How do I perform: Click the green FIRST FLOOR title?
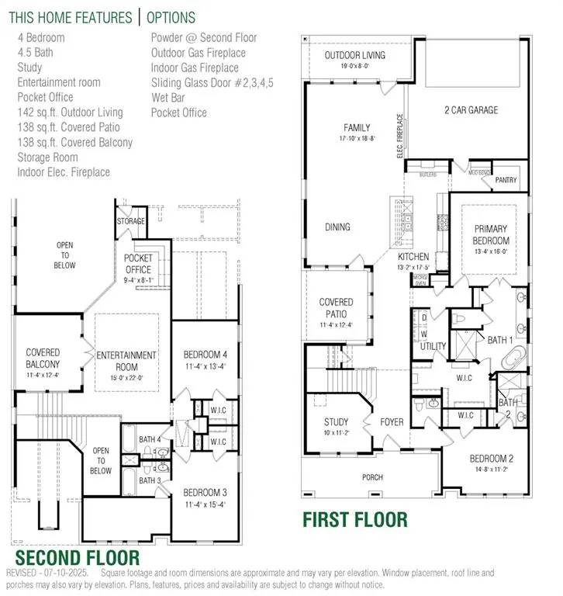click(x=354, y=519)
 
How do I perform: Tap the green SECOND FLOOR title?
click(x=78, y=557)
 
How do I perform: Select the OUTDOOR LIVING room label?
click(x=353, y=56)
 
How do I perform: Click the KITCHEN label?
click(x=413, y=256)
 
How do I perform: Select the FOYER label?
click(x=392, y=423)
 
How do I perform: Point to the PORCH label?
click(x=372, y=476)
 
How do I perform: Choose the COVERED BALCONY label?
click(x=43, y=358)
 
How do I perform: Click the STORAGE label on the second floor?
click(x=131, y=221)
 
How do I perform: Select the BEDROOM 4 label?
click(x=204, y=355)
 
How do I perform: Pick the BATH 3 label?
click(x=150, y=480)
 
